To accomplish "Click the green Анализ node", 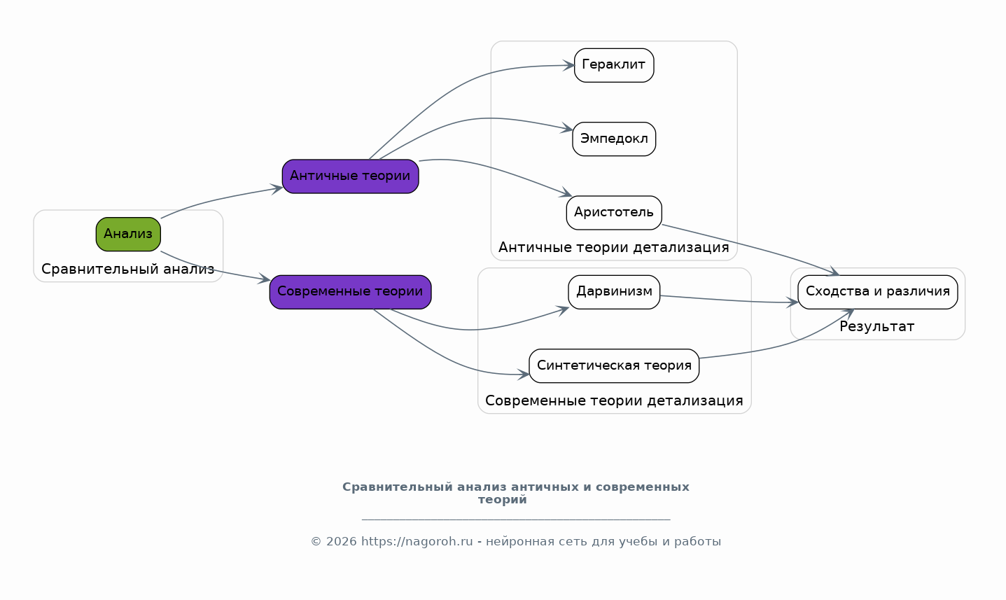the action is [x=128, y=234].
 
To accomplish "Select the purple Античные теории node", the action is [x=350, y=176].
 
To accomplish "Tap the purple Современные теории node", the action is [x=350, y=292].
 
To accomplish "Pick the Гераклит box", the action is [x=614, y=65].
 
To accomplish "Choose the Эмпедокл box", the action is [x=614, y=139].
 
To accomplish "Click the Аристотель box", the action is [x=614, y=212].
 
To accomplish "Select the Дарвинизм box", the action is [x=614, y=292].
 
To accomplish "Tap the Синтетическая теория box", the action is [x=614, y=365].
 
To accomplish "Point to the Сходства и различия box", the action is [x=878, y=292].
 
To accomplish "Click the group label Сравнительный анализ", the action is [x=128, y=269].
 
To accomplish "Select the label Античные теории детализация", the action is [x=613, y=247].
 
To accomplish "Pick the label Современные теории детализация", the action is [x=614, y=400].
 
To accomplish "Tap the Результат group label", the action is [x=876, y=326].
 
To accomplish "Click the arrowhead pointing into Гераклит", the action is [x=569, y=66].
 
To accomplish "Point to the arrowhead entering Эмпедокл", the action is [x=567, y=128].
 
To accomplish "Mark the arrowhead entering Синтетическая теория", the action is [x=524, y=374].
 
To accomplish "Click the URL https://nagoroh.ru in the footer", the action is [x=417, y=542].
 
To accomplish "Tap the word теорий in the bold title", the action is [x=502, y=500].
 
